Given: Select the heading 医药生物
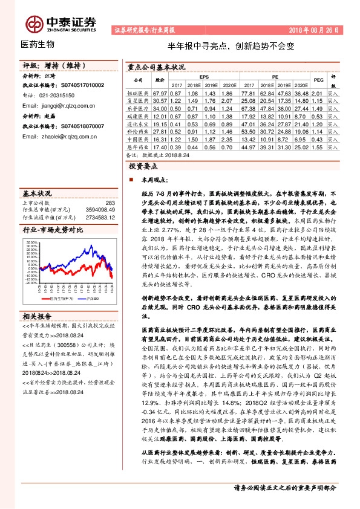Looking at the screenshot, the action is tap(38, 45).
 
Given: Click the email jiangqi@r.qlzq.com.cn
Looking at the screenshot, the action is tap(57, 105).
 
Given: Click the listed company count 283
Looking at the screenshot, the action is tap(110, 203).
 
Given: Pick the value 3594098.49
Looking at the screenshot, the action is tap(99, 209).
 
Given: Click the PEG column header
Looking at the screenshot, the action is tap(318, 80).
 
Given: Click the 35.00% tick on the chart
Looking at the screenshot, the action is tap(32, 242).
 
